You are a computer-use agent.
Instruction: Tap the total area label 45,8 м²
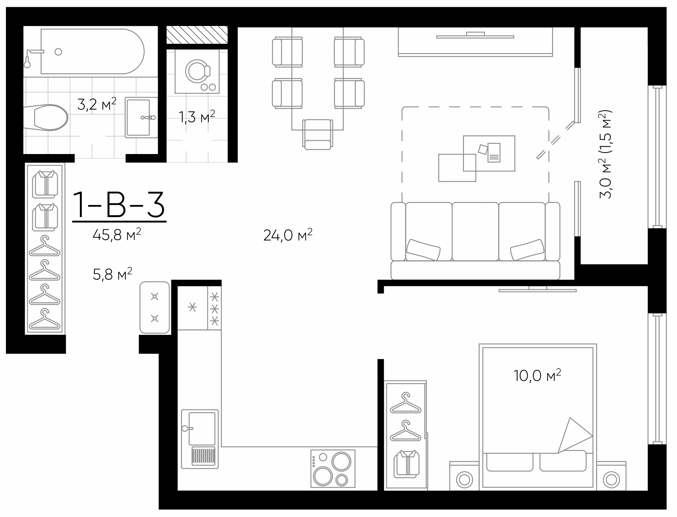coord(117,235)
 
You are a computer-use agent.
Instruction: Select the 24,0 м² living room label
coord(287,235)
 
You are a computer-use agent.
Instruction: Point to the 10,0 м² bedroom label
coord(537,375)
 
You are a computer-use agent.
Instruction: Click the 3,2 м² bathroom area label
coord(96,104)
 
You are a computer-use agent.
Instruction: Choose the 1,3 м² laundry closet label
coord(197,117)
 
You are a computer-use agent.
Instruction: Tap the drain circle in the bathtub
coord(58,52)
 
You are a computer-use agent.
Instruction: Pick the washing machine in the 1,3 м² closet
coord(197,71)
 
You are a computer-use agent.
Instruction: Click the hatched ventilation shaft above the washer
coord(197,35)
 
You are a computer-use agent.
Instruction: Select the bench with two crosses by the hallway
coord(155,307)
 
